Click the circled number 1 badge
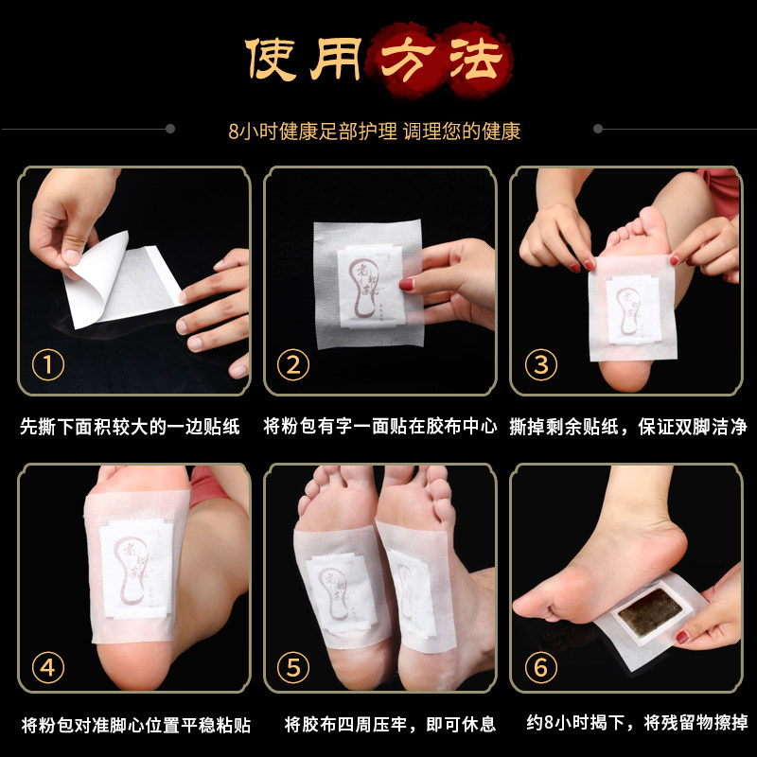click(48, 365)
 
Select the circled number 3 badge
click(540, 365)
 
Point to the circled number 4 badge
click(48, 668)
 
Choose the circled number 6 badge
click(540, 668)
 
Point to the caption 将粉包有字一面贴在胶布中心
click(378, 427)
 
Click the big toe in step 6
click(526, 606)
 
